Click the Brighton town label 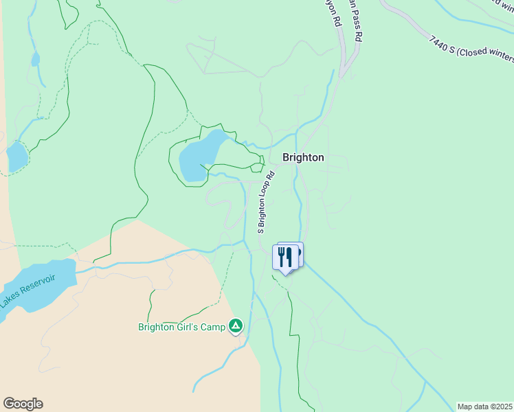coord(303,157)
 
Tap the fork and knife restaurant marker coord(285,257)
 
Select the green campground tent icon coord(236,325)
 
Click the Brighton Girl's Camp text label coord(181,327)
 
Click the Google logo coord(23,404)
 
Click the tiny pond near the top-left coord(35,60)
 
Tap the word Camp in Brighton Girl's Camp coord(214,327)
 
